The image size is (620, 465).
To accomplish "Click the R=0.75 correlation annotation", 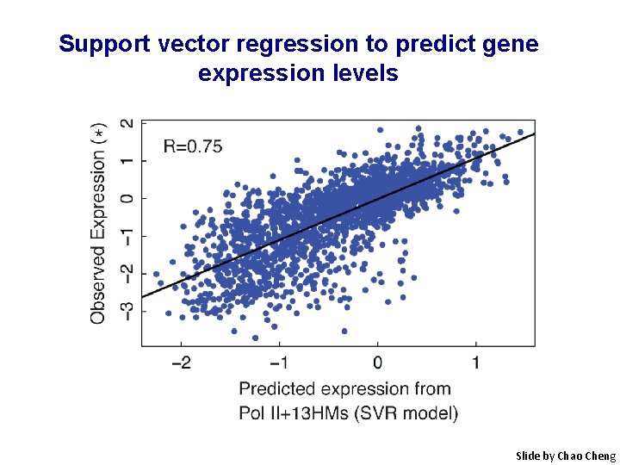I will coord(193,146).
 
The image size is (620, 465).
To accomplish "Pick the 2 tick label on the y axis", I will coord(127,124).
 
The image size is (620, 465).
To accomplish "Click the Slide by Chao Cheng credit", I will coord(565,456).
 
